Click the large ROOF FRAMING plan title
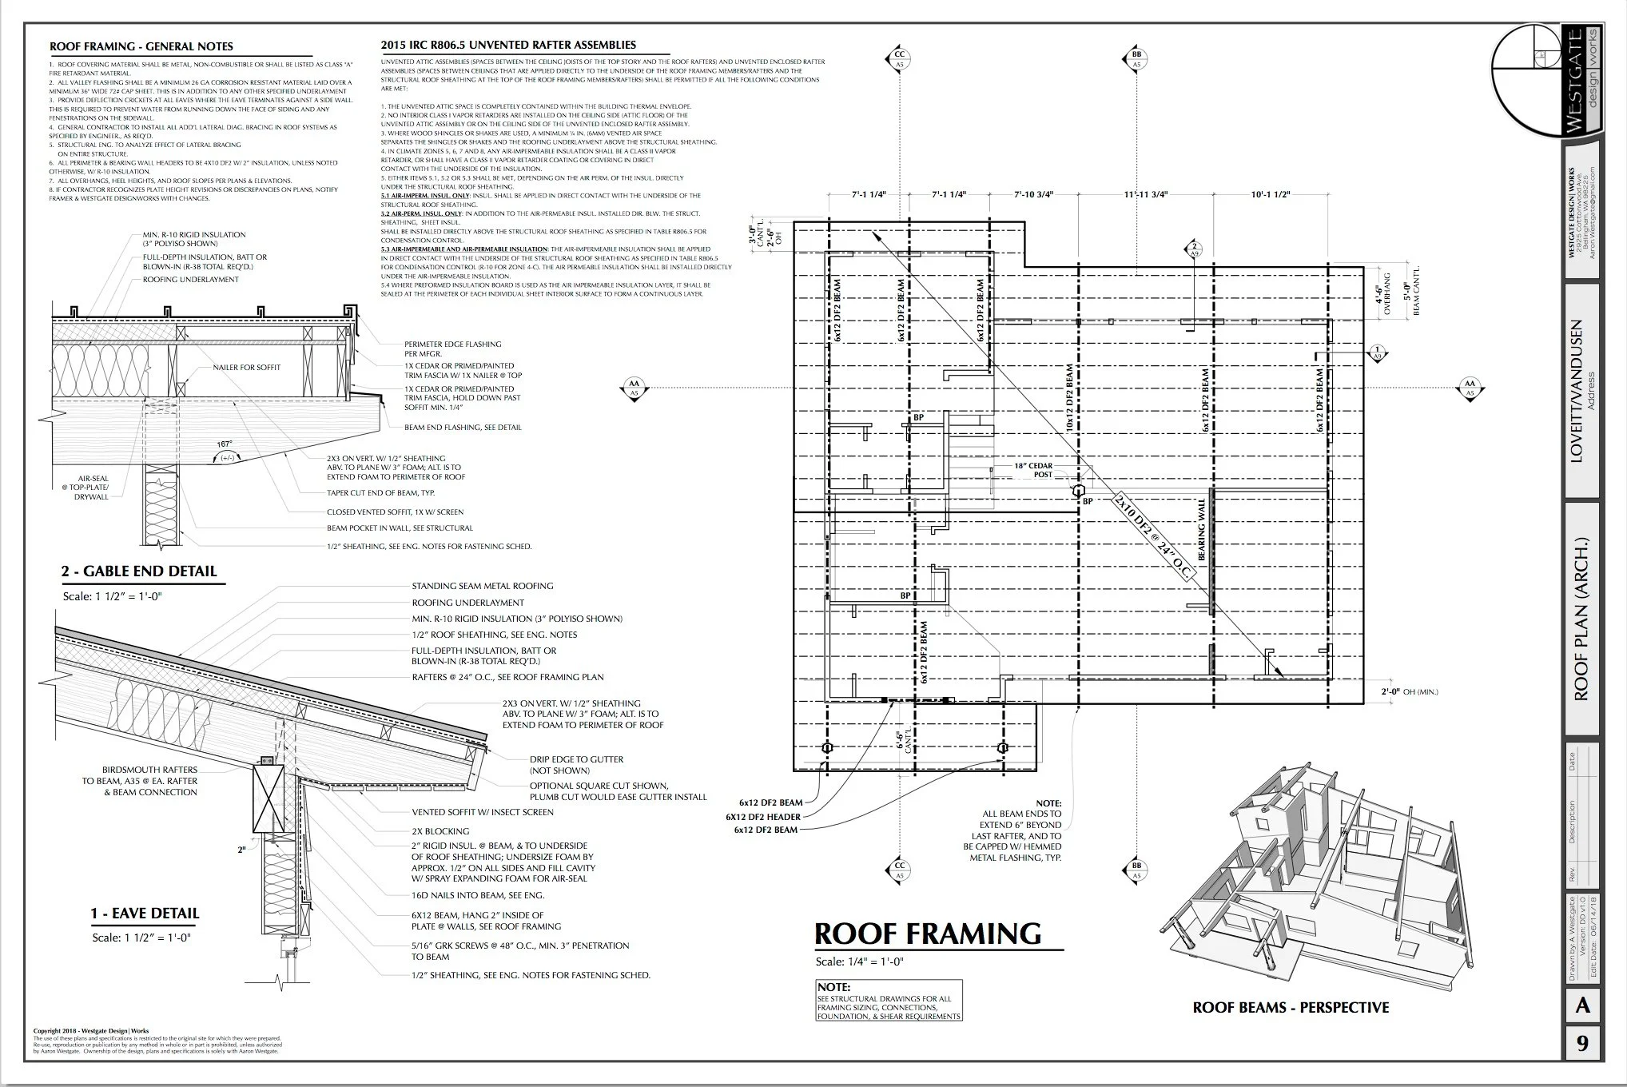tap(928, 934)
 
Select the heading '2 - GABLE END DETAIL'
tap(139, 571)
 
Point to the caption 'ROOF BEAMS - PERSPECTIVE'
tap(1291, 1008)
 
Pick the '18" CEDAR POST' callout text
tap(1033, 470)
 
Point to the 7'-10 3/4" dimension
tap(1034, 194)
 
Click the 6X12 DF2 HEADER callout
tap(763, 817)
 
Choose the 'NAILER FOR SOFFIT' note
tap(246, 368)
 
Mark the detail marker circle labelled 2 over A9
tap(1195, 249)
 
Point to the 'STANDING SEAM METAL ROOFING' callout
tap(483, 586)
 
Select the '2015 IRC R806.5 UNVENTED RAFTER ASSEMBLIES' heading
tap(509, 46)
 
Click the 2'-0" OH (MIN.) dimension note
tap(1409, 691)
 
